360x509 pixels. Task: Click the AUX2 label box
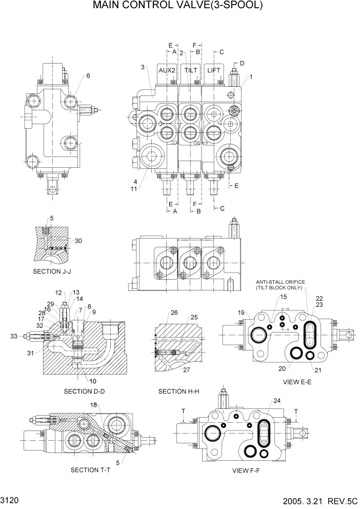[x=167, y=70]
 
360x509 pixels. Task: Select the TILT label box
[x=191, y=70]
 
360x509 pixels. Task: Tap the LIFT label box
[x=214, y=70]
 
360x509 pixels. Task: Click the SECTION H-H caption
[x=179, y=391]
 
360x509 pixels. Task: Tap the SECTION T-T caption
[x=91, y=470]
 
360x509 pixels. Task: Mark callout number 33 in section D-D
[x=13, y=337]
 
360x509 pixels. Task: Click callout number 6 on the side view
[x=88, y=76]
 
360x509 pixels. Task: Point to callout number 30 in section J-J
[x=78, y=241]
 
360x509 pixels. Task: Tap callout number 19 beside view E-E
[x=241, y=312]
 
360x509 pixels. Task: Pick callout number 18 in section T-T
[x=93, y=405]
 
